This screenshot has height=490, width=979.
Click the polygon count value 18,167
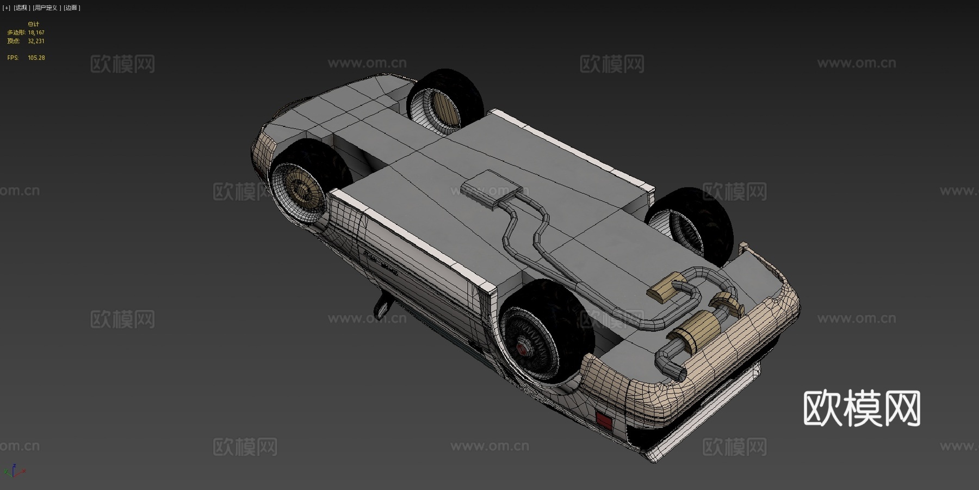coord(36,33)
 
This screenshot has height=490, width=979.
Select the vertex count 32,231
coord(36,41)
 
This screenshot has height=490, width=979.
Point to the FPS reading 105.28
coord(36,58)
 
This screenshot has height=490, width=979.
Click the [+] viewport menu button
coord(7,8)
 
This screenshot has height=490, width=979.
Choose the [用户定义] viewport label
coord(46,8)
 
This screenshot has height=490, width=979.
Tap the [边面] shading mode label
coord(72,8)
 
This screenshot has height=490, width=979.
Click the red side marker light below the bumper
coord(604,420)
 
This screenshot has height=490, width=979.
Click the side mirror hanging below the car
coord(382,307)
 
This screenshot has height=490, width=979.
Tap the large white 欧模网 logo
coord(862,408)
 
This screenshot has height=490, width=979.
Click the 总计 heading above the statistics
coord(33,24)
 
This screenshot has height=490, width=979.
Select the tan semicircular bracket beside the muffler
coord(729,302)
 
